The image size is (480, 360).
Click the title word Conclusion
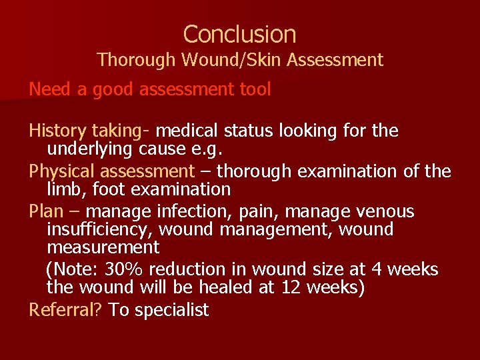240,34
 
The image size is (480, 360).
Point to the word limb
66,190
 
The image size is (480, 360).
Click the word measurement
103,248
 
